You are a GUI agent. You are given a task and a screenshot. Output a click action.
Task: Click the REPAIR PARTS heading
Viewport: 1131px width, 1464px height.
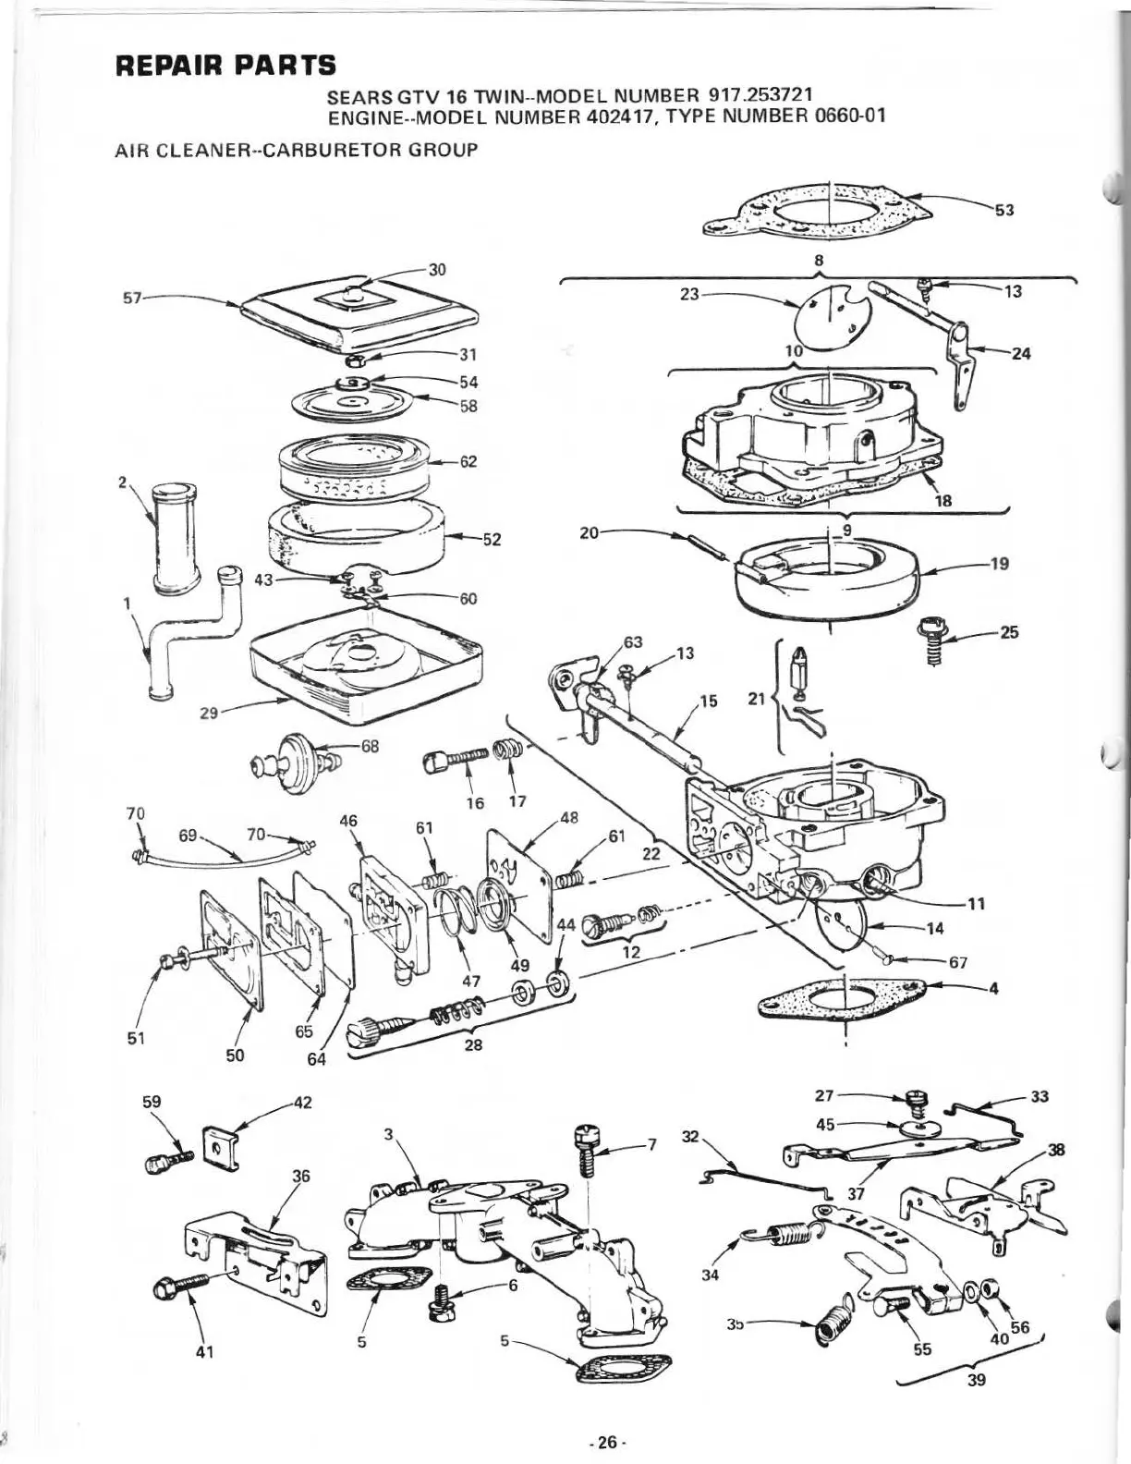(x=225, y=66)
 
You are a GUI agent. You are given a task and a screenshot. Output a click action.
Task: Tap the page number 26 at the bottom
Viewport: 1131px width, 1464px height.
(x=606, y=1441)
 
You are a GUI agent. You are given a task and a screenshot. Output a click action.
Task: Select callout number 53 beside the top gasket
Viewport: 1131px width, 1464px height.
(x=1003, y=210)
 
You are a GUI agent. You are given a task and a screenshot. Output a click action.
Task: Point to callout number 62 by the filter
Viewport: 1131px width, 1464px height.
(x=468, y=461)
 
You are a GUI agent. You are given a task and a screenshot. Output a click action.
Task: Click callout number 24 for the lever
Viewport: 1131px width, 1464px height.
(x=1021, y=353)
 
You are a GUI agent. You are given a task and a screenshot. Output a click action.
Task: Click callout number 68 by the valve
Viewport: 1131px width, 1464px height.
(x=370, y=746)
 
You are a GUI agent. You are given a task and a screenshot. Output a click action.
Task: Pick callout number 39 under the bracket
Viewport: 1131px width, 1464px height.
(x=976, y=1379)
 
